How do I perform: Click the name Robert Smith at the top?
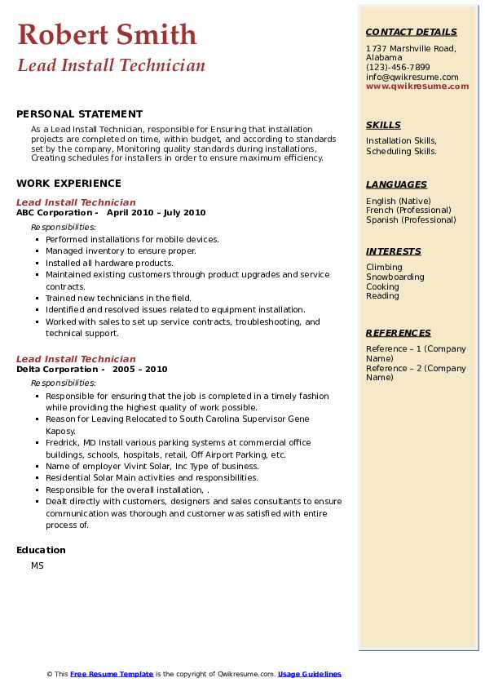tap(107, 34)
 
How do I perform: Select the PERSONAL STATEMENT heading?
tap(79, 114)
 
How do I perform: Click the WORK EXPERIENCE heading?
tap(68, 184)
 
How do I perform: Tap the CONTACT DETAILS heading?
tap(411, 33)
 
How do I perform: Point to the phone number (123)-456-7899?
tap(398, 68)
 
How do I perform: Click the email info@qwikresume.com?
tap(412, 77)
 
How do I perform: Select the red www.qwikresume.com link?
tap(417, 86)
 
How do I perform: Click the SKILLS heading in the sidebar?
tap(383, 126)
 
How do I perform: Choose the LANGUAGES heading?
tap(396, 185)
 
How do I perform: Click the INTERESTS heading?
tap(394, 252)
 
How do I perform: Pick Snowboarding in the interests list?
tap(395, 277)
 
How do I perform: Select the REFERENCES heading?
tap(399, 334)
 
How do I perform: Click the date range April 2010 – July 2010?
tap(156, 213)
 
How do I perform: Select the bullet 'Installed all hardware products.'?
tap(109, 264)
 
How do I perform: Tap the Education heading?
tap(41, 550)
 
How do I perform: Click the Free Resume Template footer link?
tap(112, 674)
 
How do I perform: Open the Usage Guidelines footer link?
tap(309, 674)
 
